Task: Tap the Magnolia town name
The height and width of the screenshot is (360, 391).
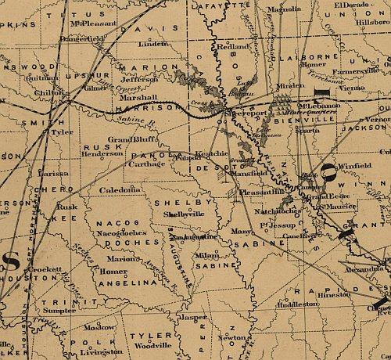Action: (283, 9)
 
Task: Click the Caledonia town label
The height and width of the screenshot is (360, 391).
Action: (120, 190)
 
